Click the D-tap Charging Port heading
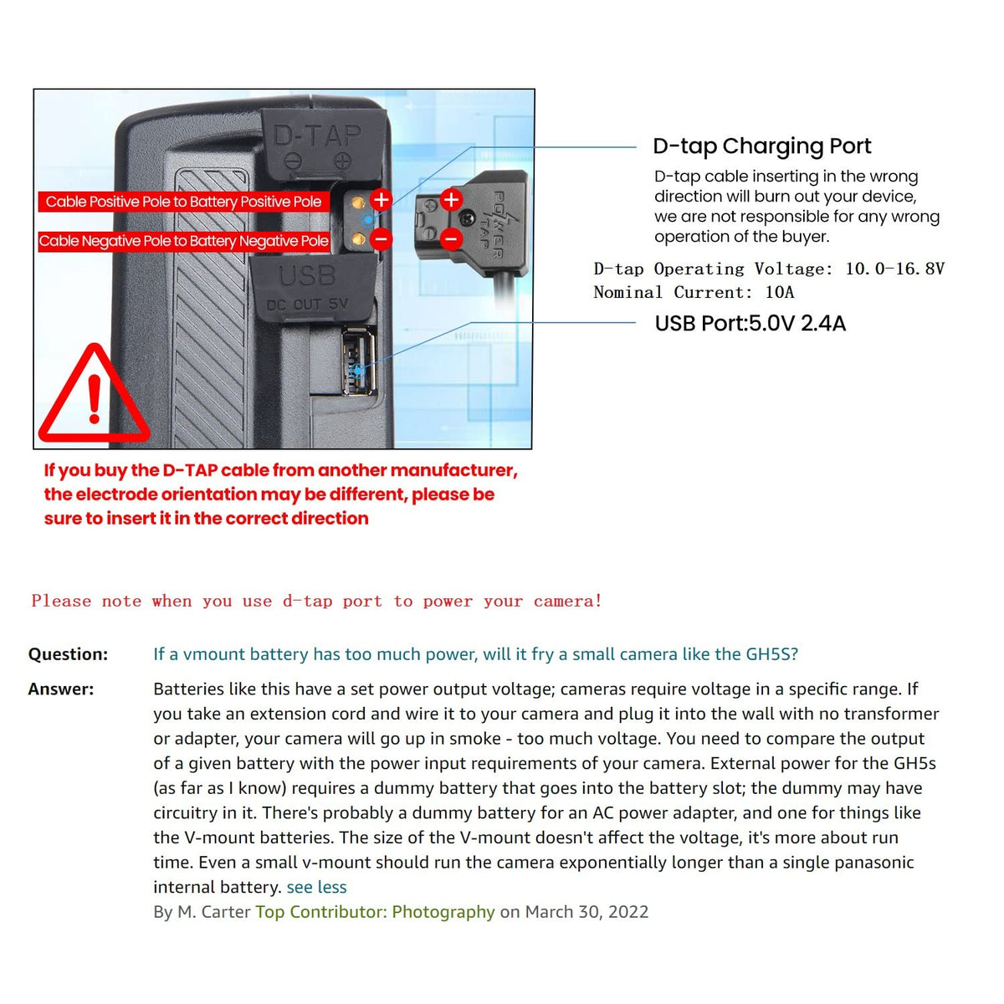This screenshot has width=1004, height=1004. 761,146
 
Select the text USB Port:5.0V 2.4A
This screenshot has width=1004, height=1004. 750,324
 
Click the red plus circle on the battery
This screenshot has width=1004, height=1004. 381,200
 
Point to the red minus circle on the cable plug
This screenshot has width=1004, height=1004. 451,239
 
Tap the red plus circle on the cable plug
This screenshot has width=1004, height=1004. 451,200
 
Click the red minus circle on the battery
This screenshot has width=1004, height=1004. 381,239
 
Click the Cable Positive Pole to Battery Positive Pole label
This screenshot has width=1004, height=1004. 183,202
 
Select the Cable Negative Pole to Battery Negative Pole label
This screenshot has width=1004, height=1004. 183,241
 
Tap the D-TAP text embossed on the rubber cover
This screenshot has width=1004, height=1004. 317,136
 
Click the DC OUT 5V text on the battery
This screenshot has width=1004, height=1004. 307,305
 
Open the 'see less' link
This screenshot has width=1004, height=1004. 316,887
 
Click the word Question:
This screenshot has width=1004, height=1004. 68,654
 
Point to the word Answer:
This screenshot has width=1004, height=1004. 61,689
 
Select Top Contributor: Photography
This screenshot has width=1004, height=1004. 375,912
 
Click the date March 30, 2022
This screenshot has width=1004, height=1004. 587,912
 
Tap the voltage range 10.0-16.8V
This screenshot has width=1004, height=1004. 894,269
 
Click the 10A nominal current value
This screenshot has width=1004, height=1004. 779,292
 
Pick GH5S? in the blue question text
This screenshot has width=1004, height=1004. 771,654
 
